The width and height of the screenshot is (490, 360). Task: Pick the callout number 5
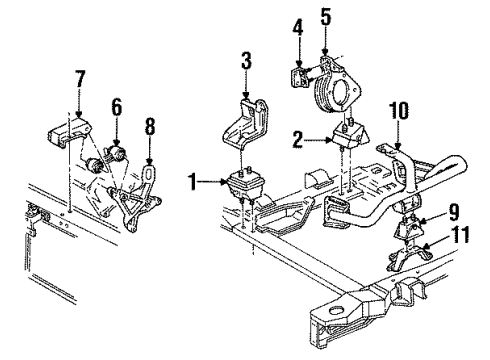pos(323,17)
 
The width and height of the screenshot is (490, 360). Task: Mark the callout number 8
pos(149,128)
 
